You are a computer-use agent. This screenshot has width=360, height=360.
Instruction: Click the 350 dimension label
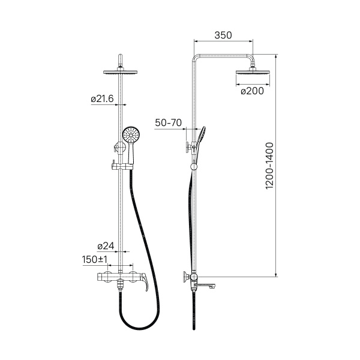pos(223,35)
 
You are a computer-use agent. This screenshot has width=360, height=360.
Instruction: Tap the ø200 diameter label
pos(253,91)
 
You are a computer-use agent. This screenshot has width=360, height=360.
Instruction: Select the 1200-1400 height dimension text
pos(269,166)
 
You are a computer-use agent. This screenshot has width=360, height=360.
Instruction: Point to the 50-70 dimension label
pos(168,122)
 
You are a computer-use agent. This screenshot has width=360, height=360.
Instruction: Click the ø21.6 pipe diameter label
pos(102,99)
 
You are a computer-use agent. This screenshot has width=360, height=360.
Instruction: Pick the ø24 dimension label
pos(106,246)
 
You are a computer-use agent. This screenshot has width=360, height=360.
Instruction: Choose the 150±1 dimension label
pos(95,260)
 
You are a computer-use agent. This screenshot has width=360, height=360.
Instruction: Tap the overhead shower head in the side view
pos(253,72)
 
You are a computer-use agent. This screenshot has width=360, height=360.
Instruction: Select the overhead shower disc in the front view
pos(121,72)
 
